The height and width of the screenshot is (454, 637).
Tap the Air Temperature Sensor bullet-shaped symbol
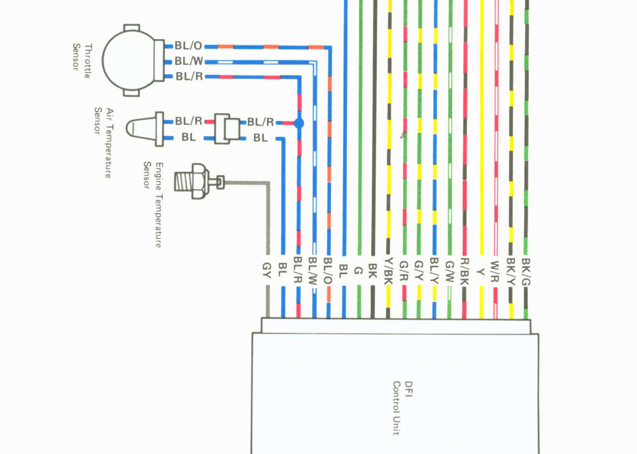point(142,128)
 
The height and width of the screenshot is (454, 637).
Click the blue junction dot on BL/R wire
point(299,123)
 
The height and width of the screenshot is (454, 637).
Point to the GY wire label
point(267,270)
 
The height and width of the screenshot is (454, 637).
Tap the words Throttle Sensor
point(82,59)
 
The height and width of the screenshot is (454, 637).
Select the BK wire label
point(372,270)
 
